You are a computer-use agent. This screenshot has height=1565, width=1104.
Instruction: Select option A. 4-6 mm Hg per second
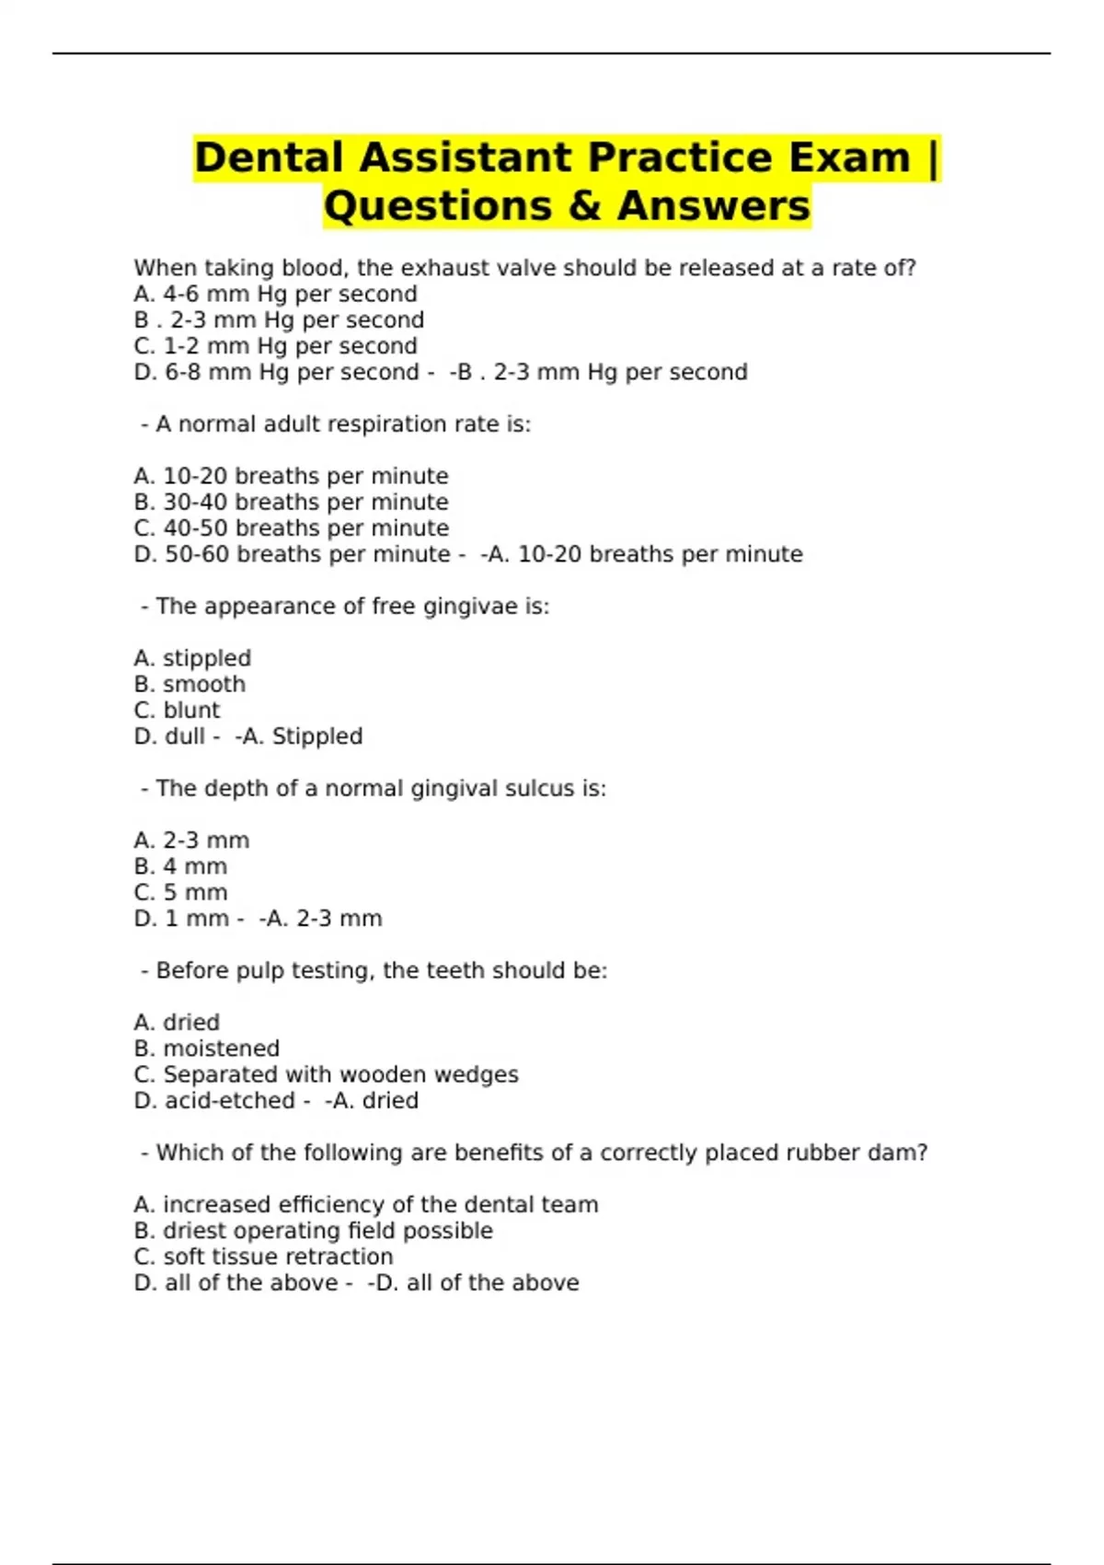click(275, 294)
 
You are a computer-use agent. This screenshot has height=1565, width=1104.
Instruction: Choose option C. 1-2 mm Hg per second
click(275, 346)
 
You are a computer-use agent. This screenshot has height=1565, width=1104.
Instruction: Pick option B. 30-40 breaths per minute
click(291, 502)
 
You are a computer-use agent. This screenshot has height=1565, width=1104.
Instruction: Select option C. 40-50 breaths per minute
click(291, 527)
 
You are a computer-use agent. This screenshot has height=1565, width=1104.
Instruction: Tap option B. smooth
click(190, 684)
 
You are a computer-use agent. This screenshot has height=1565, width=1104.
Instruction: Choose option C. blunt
click(177, 710)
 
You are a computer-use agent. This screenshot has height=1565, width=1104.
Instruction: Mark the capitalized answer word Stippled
click(317, 736)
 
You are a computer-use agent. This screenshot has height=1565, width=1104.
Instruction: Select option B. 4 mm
click(180, 866)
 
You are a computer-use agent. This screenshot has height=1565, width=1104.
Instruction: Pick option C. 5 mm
click(180, 892)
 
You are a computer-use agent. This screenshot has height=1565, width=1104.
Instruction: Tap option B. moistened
click(206, 1049)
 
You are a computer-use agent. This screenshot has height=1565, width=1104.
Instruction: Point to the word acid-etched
click(230, 1100)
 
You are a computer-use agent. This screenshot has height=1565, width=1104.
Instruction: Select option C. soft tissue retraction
click(263, 1257)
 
